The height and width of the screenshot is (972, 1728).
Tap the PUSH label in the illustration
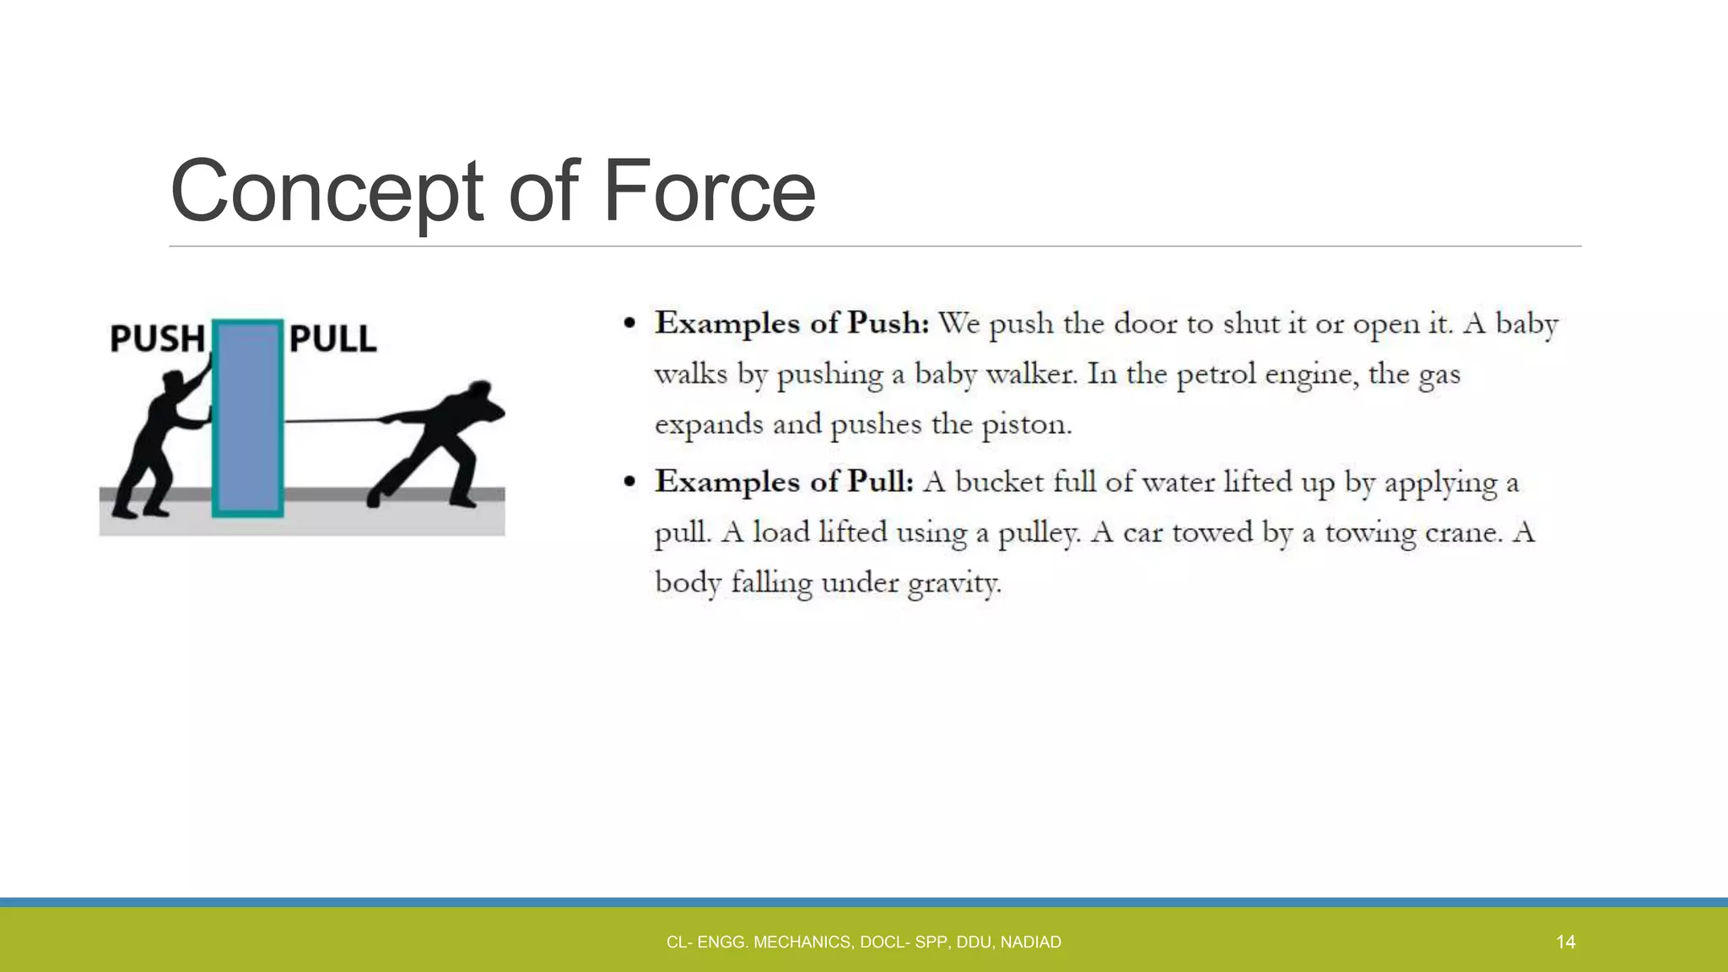pos(158,339)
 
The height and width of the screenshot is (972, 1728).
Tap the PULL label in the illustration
pos(332,339)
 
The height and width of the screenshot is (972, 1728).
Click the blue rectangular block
pos(247,418)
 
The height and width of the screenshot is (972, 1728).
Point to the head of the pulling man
pos(478,393)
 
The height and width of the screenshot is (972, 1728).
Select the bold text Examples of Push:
pos(791,323)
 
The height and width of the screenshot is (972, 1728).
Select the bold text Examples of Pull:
pos(784,482)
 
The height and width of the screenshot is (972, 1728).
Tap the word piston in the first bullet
pos(1025,424)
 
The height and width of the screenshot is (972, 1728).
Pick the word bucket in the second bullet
pos(999,482)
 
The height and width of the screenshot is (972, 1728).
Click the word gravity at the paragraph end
pos(953,583)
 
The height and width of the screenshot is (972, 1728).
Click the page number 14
pos(1565,942)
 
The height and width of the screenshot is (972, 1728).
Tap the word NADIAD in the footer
pos(1030,942)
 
